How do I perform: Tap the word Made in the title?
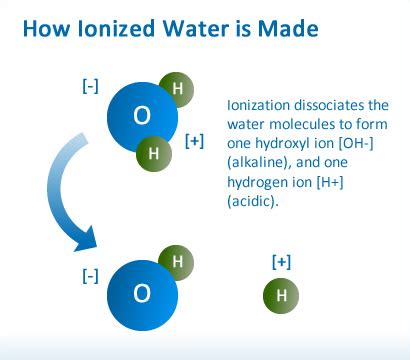pyautogui.click(x=290, y=29)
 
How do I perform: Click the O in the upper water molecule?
pyautogui.click(x=142, y=116)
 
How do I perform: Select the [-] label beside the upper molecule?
pyautogui.click(x=89, y=86)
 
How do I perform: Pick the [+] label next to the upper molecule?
pyautogui.click(x=195, y=140)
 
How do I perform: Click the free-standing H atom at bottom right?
pyautogui.click(x=281, y=296)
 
